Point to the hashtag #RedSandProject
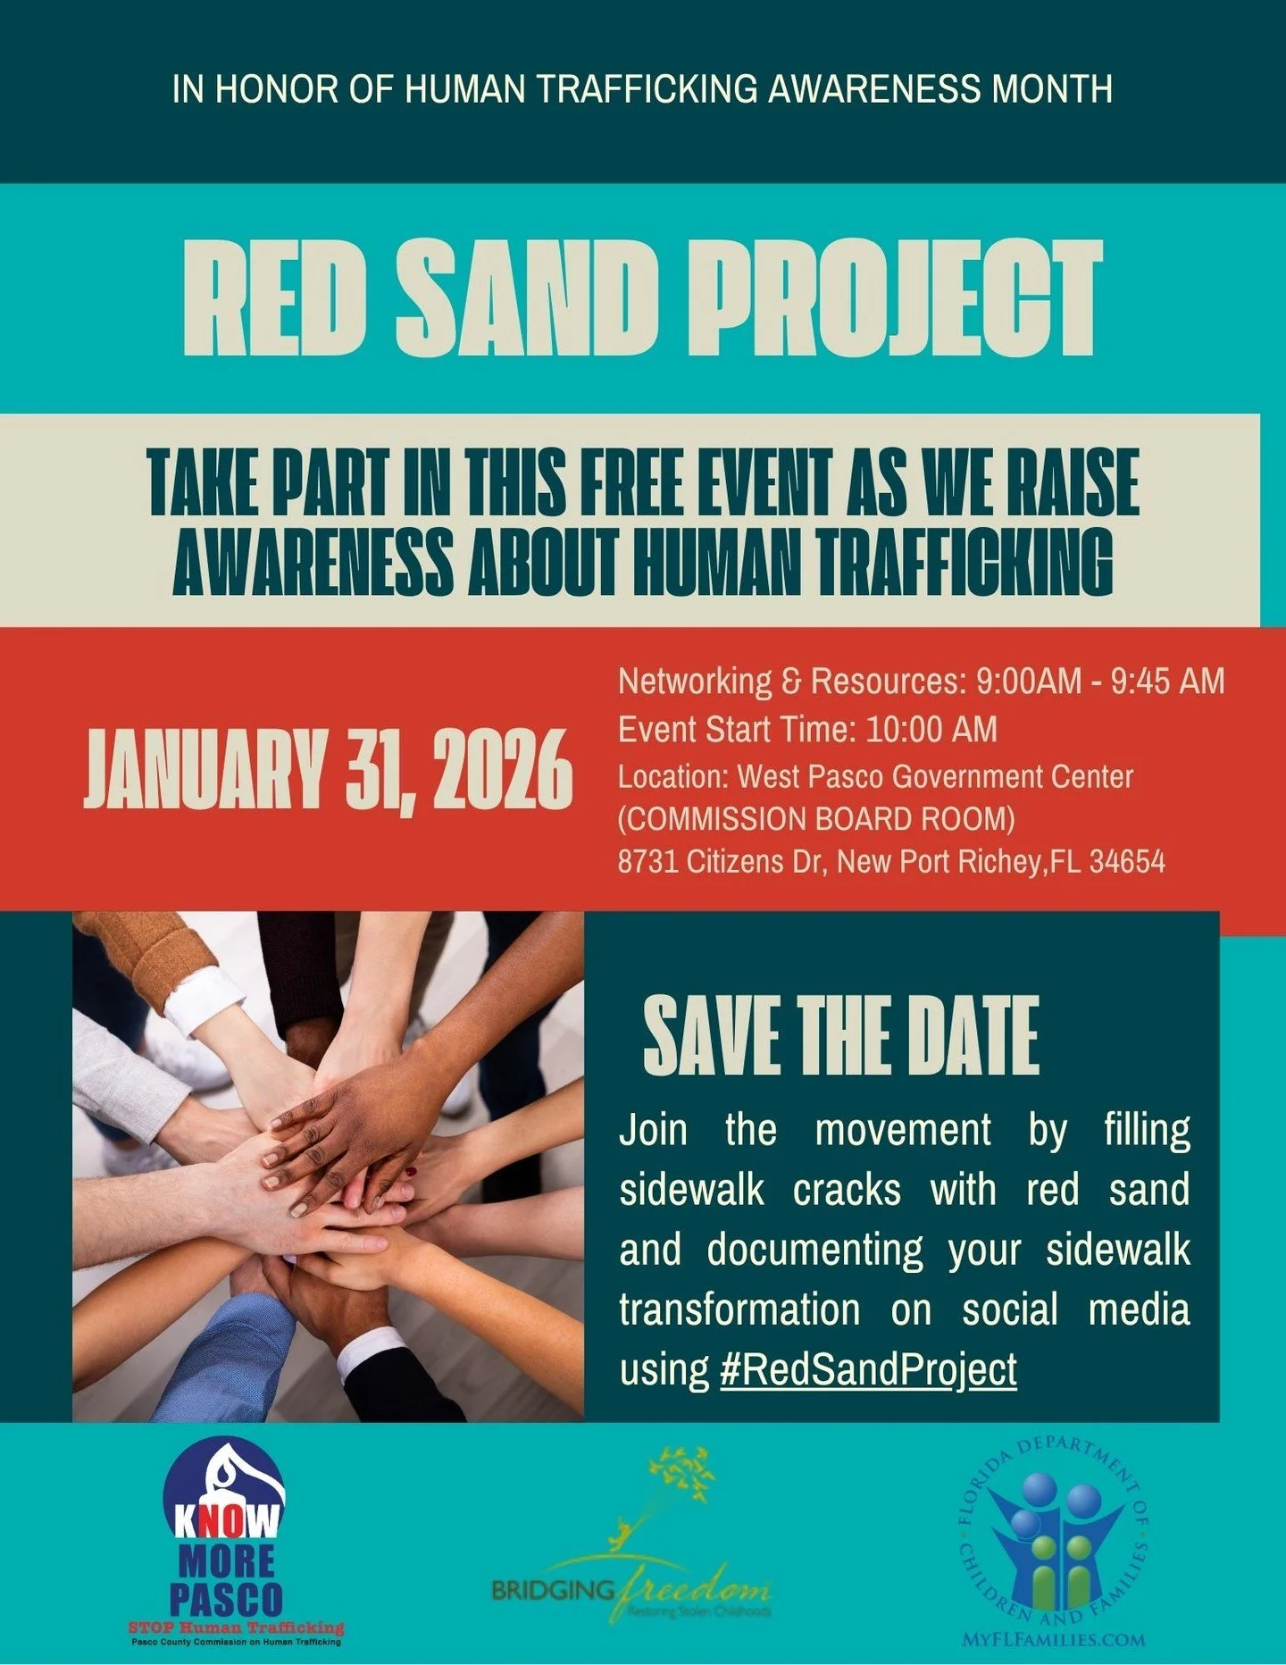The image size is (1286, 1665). pos(868,1369)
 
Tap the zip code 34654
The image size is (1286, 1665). pos(1127,862)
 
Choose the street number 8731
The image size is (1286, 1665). pos(648,862)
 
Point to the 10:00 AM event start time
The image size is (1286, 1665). pos(931,730)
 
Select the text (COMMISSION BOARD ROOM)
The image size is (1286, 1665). pos(816,819)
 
